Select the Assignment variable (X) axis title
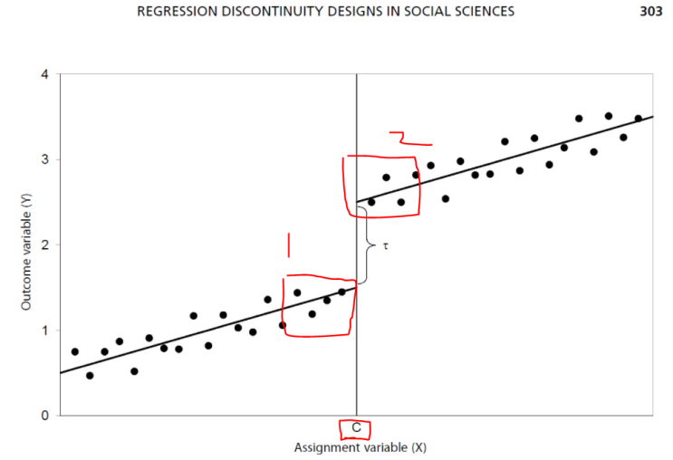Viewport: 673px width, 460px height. click(x=355, y=447)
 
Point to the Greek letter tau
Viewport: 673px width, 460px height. click(x=384, y=245)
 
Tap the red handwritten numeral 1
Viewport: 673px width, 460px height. click(x=288, y=244)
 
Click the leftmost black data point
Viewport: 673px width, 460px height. click(x=75, y=351)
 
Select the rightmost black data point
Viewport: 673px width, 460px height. click(x=638, y=119)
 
